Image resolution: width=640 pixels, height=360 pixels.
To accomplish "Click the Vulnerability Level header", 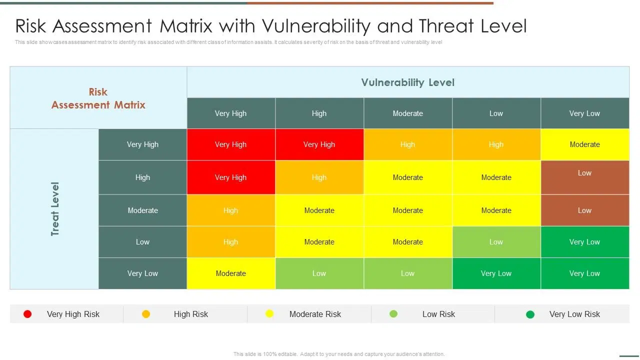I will (x=407, y=82).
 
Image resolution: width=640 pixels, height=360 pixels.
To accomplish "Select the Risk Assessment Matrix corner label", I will (x=98, y=98).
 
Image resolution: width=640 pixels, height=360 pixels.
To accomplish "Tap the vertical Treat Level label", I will (x=55, y=209).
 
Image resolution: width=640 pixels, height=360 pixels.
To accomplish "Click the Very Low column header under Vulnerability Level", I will (x=584, y=113).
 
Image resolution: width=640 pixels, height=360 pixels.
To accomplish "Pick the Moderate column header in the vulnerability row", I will (x=407, y=113).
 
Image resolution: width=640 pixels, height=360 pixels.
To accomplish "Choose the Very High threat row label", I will (x=142, y=144).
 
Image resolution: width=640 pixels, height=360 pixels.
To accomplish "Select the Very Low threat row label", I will (x=142, y=273).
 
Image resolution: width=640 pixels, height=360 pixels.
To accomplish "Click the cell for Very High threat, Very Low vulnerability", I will (x=584, y=144).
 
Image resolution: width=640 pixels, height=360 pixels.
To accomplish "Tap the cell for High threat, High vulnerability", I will (x=319, y=177).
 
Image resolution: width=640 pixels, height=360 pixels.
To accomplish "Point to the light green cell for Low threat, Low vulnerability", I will (x=496, y=242).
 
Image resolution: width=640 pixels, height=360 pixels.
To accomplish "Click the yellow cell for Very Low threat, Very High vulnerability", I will (x=230, y=273).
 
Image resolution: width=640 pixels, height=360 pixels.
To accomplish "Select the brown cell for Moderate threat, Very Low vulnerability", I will (x=584, y=210).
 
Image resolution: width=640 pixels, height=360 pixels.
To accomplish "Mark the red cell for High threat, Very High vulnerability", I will (x=230, y=177).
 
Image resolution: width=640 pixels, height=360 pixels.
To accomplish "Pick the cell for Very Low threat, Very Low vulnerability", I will (x=584, y=273).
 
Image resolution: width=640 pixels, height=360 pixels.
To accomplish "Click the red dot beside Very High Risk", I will (x=27, y=314).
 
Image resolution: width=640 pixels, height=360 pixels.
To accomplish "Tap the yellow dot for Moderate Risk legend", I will (x=269, y=314).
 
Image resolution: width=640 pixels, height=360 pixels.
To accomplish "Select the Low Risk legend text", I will (x=438, y=314).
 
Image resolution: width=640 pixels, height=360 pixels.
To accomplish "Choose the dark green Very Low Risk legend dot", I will (x=530, y=314).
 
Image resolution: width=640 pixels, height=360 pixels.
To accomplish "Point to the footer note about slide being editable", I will (x=339, y=354).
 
